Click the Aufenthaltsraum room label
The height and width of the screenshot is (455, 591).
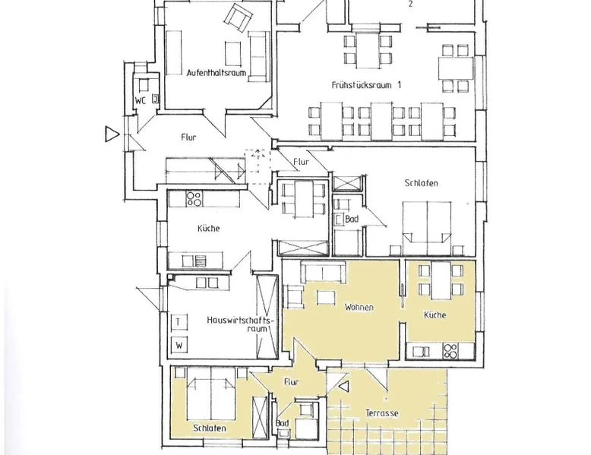point(216,72)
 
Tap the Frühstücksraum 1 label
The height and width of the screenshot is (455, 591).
point(366,85)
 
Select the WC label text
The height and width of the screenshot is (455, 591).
point(141,101)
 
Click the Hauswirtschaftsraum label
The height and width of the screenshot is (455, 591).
point(240,324)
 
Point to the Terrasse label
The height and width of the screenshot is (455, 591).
point(382,413)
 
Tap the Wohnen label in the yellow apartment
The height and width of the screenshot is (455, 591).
point(359,307)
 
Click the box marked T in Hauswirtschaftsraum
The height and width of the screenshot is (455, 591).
point(179,322)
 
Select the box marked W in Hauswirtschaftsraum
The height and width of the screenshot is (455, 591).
point(179,345)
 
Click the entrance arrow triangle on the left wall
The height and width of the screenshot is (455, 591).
point(112,134)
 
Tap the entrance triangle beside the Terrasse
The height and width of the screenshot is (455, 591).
point(344,387)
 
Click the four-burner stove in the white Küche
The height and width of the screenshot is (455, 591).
point(194,199)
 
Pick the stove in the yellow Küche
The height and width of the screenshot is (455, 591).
point(450,351)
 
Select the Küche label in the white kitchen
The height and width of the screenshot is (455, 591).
point(208,229)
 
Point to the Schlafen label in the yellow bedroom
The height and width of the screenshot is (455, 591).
point(210,428)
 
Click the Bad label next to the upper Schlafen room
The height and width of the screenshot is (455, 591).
point(352,219)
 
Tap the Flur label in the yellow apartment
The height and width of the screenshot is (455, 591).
point(292,382)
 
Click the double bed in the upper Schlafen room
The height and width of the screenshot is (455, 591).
point(427,229)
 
